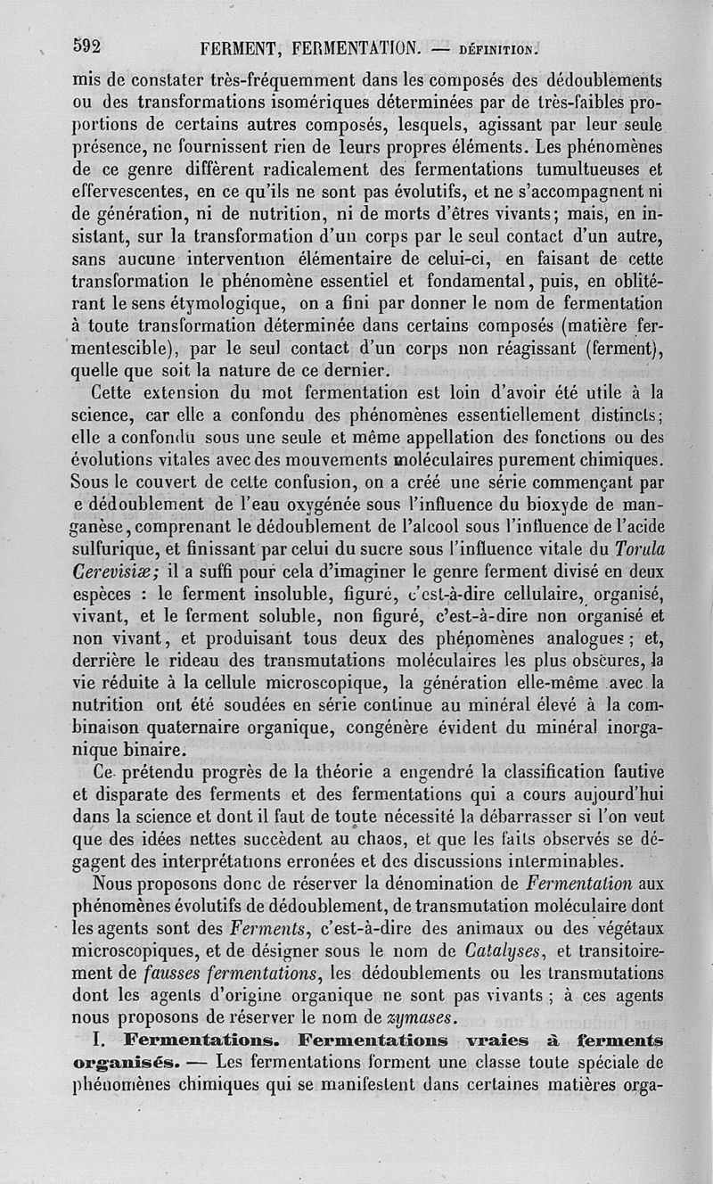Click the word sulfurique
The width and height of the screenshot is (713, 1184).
pyautogui.click(x=115, y=552)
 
